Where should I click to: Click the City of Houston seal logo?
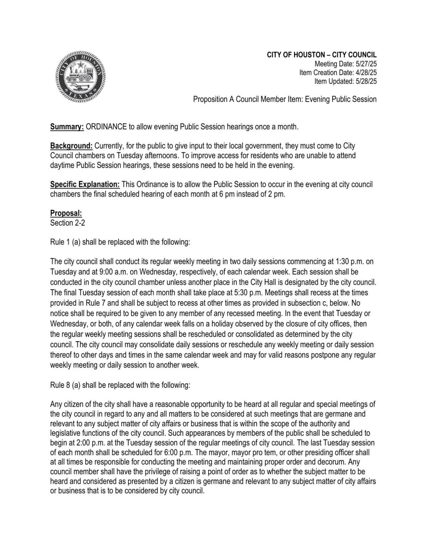[80, 77]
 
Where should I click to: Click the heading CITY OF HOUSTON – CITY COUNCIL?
[322, 55]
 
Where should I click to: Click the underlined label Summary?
[67, 127]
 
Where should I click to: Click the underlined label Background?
[71, 146]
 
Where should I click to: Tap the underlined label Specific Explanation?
[85, 184]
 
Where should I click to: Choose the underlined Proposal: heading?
[66, 213]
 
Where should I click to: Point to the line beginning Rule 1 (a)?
[120, 242]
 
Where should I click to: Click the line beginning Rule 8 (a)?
[120, 385]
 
